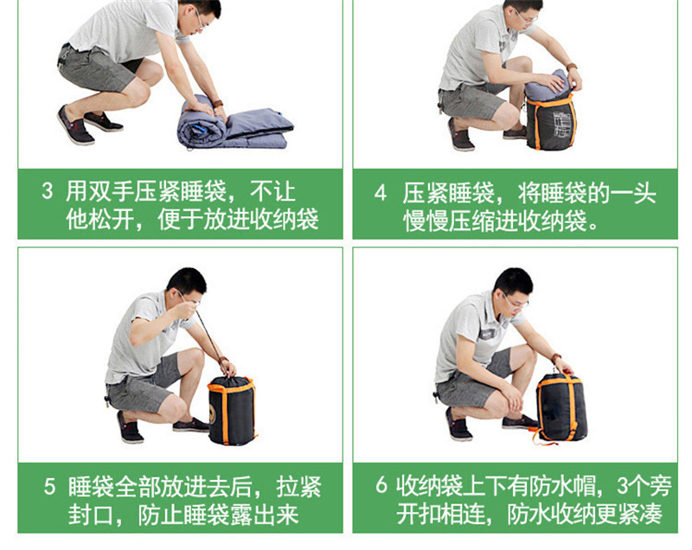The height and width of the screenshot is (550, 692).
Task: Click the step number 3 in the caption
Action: pyautogui.click(x=48, y=191)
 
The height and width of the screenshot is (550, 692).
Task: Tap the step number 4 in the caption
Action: pyautogui.click(x=380, y=193)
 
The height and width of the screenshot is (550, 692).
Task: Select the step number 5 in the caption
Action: pyautogui.click(x=49, y=487)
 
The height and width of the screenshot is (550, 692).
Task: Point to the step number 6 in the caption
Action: pyautogui.click(x=381, y=485)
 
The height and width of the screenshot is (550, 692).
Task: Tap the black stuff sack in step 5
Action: pyautogui.click(x=232, y=410)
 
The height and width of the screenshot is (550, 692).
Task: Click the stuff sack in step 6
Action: pyautogui.click(x=561, y=408)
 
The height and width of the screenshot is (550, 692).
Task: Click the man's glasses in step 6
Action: pyautogui.click(x=516, y=302)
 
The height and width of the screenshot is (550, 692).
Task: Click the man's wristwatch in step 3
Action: pyautogui.click(x=218, y=104)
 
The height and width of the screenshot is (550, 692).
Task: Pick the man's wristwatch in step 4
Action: pyautogui.click(x=572, y=67)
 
